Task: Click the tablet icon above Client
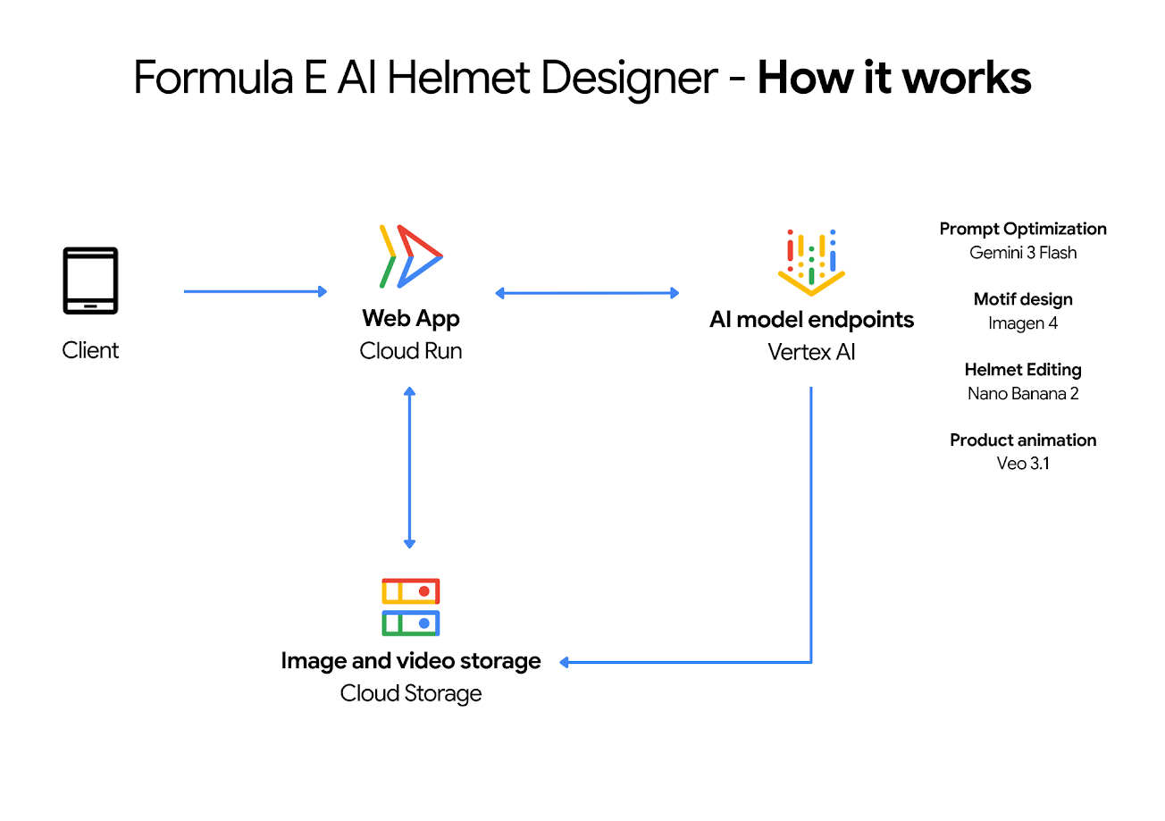[90, 281]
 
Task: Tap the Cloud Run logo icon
[411, 256]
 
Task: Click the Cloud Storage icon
[411, 607]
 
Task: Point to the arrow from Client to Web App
[256, 291]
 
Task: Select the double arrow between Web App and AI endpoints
[587, 292]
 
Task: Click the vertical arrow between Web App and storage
[409, 467]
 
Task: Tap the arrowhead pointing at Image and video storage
[566, 662]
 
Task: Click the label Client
[90, 350]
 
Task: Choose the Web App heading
[411, 318]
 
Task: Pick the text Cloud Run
[411, 351]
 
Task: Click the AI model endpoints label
[811, 319]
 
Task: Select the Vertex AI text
[811, 352]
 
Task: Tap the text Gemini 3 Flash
[1023, 253]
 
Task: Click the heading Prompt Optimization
[1023, 229]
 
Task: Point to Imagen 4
[1023, 323]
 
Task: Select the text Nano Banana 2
[1023, 393]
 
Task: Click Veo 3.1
[1023, 463]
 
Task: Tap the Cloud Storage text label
[411, 693]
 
